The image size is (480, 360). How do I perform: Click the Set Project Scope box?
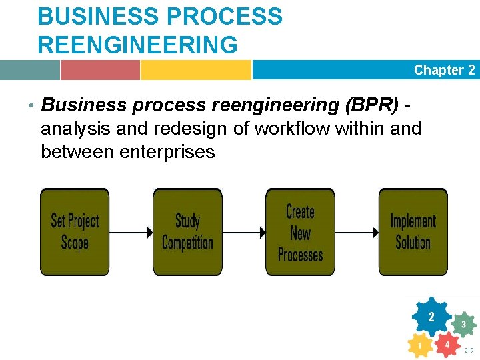(75, 232)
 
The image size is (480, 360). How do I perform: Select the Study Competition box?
(187, 232)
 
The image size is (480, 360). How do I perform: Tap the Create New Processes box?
(300, 232)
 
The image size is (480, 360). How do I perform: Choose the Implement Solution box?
(413, 232)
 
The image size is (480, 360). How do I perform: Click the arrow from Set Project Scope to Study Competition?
(131, 233)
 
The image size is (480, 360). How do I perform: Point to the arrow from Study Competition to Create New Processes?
(243, 233)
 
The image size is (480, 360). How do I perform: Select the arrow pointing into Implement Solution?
(356, 233)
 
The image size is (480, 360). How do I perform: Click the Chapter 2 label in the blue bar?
(444, 70)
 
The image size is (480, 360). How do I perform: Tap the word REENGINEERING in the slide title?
(137, 45)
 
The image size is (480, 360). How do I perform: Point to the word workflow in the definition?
(291, 128)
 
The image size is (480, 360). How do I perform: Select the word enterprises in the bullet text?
(167, 152)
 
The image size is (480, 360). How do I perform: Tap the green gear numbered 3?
(463, 325)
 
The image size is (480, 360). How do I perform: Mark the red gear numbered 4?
(447, 345)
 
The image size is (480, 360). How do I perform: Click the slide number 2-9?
(469, 350)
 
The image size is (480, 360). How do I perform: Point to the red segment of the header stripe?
(100, 70)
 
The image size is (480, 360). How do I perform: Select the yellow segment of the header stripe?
(195, 70)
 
